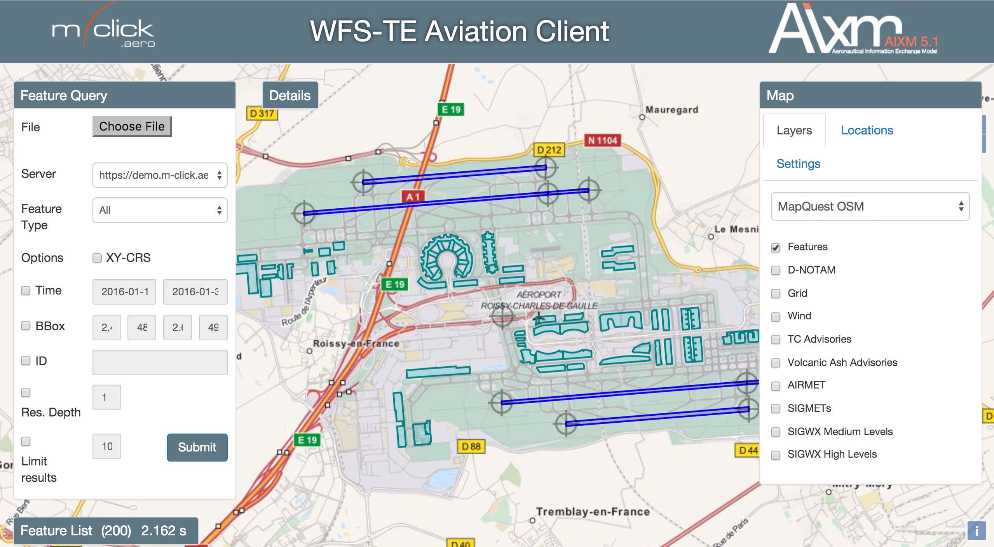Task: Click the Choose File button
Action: (132, 126)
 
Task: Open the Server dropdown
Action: (160, 175)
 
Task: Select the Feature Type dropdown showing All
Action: (160, 210)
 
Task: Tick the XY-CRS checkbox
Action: (97, 258)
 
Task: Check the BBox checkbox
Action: (26, 326)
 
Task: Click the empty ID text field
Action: (160, 362)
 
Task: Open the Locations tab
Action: (867, 130)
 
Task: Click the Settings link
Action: (798, 164)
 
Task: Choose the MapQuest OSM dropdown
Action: (870, 206)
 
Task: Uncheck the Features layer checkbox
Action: (776, 247)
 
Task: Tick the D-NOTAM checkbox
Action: (776, 270)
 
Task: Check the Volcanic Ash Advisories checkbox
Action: (776, 363)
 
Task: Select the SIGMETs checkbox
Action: (776, 409)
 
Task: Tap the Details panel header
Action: (290, 95)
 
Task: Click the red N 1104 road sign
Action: (602, 140)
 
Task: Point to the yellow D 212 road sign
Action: (549, 150)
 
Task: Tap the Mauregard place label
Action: (671, 110)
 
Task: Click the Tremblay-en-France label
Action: (593, 512)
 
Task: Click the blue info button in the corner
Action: (977, 530)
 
